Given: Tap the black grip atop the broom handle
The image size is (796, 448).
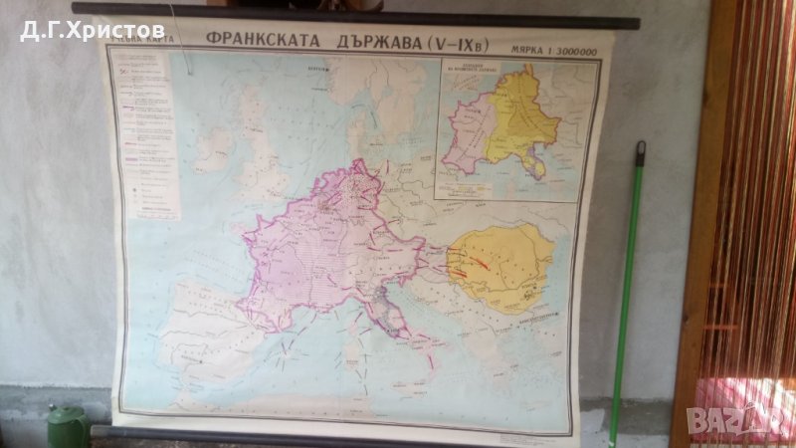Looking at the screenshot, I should coord(640,152).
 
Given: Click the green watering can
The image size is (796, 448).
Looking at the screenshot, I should coord(68,427).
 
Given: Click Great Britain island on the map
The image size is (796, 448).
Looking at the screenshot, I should coord(261,154).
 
